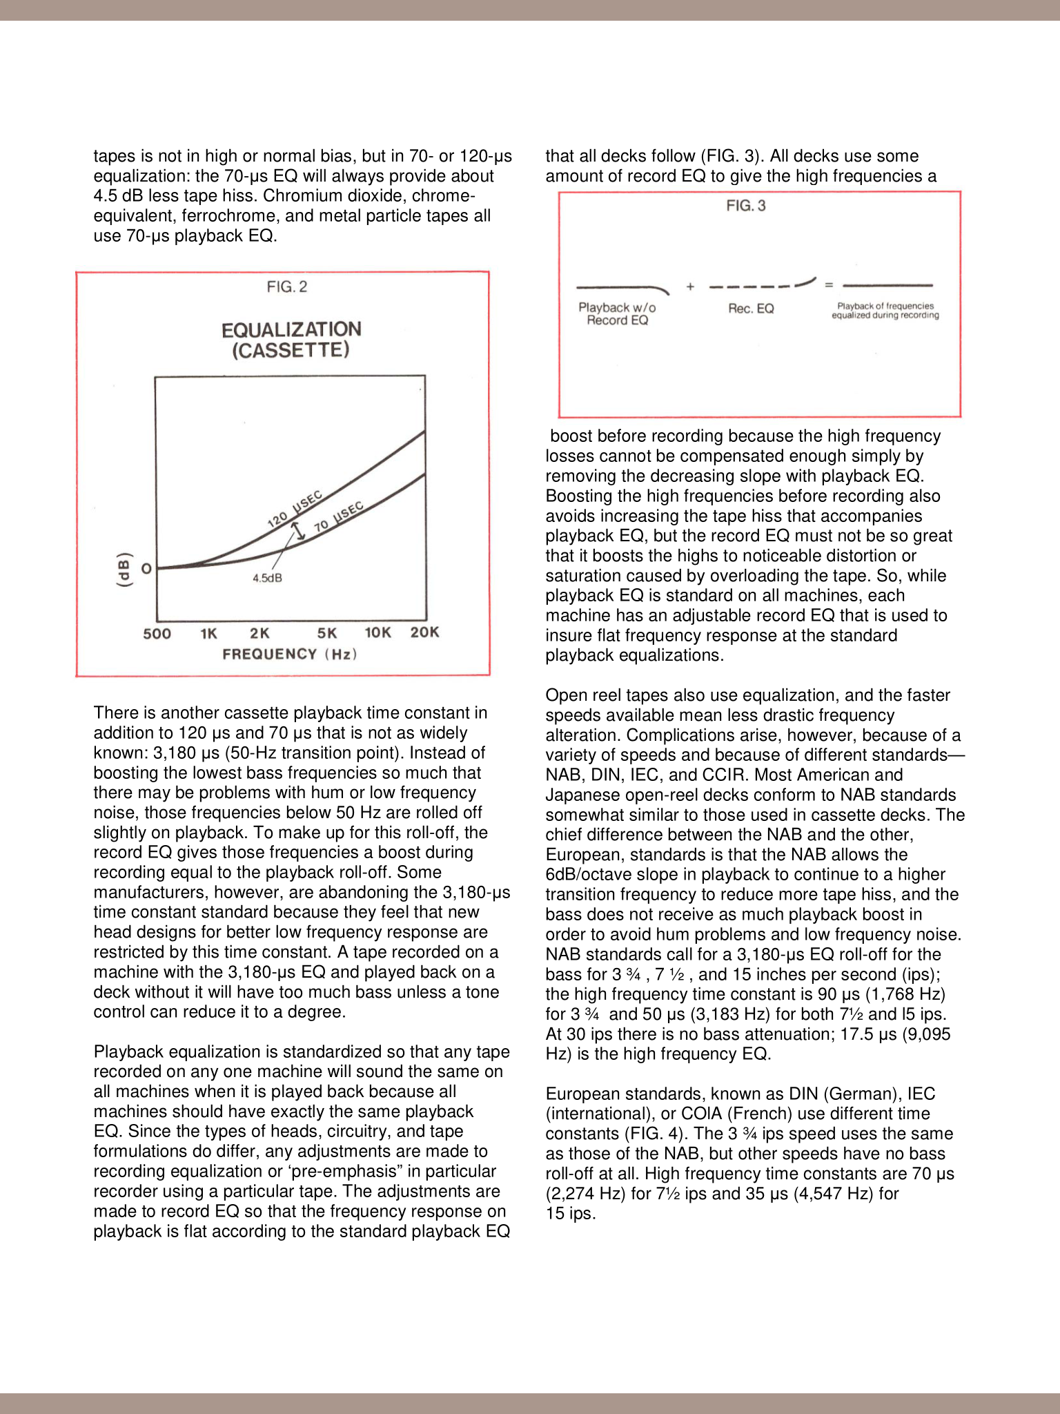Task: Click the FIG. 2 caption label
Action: [287, 287]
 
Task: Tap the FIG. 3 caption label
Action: [746, 206]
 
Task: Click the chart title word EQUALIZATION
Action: [291, 329]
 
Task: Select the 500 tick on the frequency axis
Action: [157, 633]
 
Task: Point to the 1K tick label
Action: [209, 633]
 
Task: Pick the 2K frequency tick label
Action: [259, 633]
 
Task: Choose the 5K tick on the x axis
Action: [327, 633]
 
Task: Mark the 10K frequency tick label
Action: [378, 633]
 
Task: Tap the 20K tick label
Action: [425, 632]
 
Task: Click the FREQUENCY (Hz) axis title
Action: [290, 654]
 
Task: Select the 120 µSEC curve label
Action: [295, 510]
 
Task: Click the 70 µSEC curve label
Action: [339, 518]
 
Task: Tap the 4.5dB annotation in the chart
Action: [267, 578]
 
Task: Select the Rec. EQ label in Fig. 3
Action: [751, 309]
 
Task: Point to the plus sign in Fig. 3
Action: [690, 287]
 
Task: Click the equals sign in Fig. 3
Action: [829, 284]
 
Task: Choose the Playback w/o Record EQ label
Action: [617, 314]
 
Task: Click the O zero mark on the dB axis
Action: [146, 569]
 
